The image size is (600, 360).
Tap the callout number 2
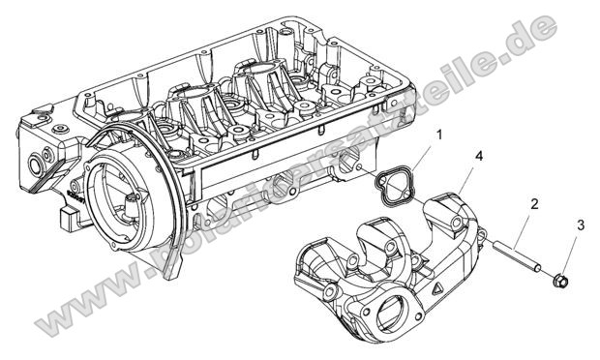click(x=534, y=204)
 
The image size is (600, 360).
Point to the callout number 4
click(x=481, y=155)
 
